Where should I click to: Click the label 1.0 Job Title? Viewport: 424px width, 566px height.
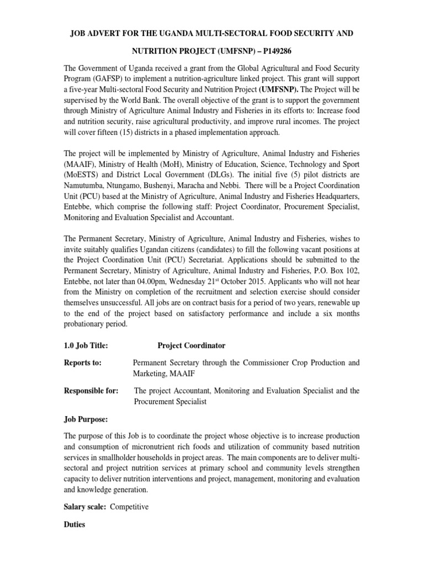click(86, 345)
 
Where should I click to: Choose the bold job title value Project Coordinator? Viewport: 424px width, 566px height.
click(192, 345)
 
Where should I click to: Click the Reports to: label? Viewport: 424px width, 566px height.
click(83, 363)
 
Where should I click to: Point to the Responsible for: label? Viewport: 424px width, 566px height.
click(91, 391)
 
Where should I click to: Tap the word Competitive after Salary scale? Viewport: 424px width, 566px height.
click(129, 507)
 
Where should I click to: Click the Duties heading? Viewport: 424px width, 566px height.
click(75, 524)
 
